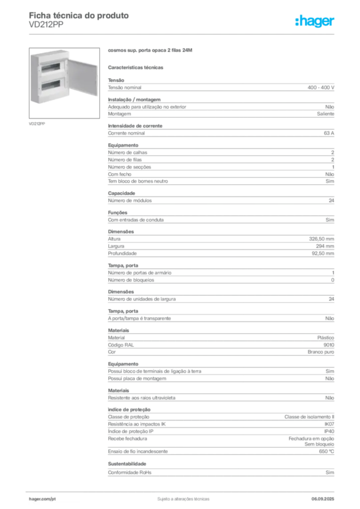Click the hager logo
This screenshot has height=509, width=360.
(x=315, y=21)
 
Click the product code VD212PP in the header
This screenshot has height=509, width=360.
(x=46, y=25)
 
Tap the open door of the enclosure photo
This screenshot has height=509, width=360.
(x=83, y=77)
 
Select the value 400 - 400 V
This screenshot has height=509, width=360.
(x=321, y=87)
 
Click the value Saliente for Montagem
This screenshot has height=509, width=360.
(x=326, y=114)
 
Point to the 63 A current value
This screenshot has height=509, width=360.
(x=329, y=133)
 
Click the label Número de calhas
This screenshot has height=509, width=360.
(x=128, y=153)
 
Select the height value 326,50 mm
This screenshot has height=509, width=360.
(x=321, y=239)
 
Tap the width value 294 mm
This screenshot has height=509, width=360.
(x=325, y=246)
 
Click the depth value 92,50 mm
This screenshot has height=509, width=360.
(x=323, y=254)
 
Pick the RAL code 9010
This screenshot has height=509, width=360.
(x=329, y=345)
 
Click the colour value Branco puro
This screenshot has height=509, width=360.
(x=321, y=352)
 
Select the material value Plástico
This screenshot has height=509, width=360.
(x=326, y=338)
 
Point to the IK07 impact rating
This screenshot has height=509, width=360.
(x=329, y=424)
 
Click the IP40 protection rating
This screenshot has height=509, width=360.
(x=329, y=431)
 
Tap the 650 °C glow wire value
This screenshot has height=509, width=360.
(x=327, y=451)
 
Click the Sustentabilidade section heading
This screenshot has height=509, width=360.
(x=127, y=464)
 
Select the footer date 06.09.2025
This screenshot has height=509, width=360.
(x=323, y=499)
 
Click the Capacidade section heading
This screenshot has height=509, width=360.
(x=121, y=193)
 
